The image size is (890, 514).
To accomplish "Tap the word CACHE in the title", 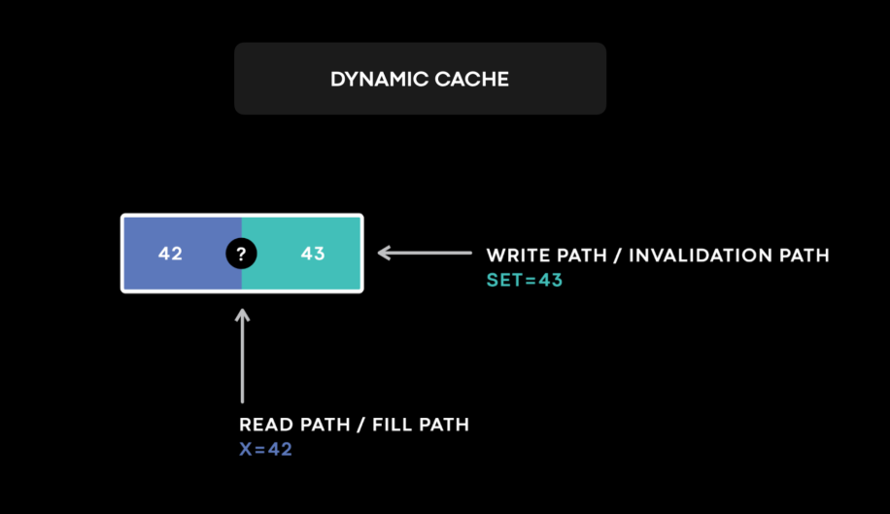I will [x=473, y=80].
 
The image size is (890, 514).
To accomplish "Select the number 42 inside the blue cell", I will [x=170, y=254].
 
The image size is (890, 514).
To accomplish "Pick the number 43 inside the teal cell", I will [x=312, y=254].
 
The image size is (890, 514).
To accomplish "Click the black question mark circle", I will [x=242, y=254].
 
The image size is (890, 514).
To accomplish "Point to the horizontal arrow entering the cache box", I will [x=424, y=254].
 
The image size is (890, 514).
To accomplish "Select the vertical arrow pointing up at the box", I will [x=242, y=355].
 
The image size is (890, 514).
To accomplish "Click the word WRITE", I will [x=516, y=256].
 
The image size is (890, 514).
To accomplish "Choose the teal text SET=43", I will [x=524, y=280].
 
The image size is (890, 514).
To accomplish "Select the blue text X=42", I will [x=265, y=450].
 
